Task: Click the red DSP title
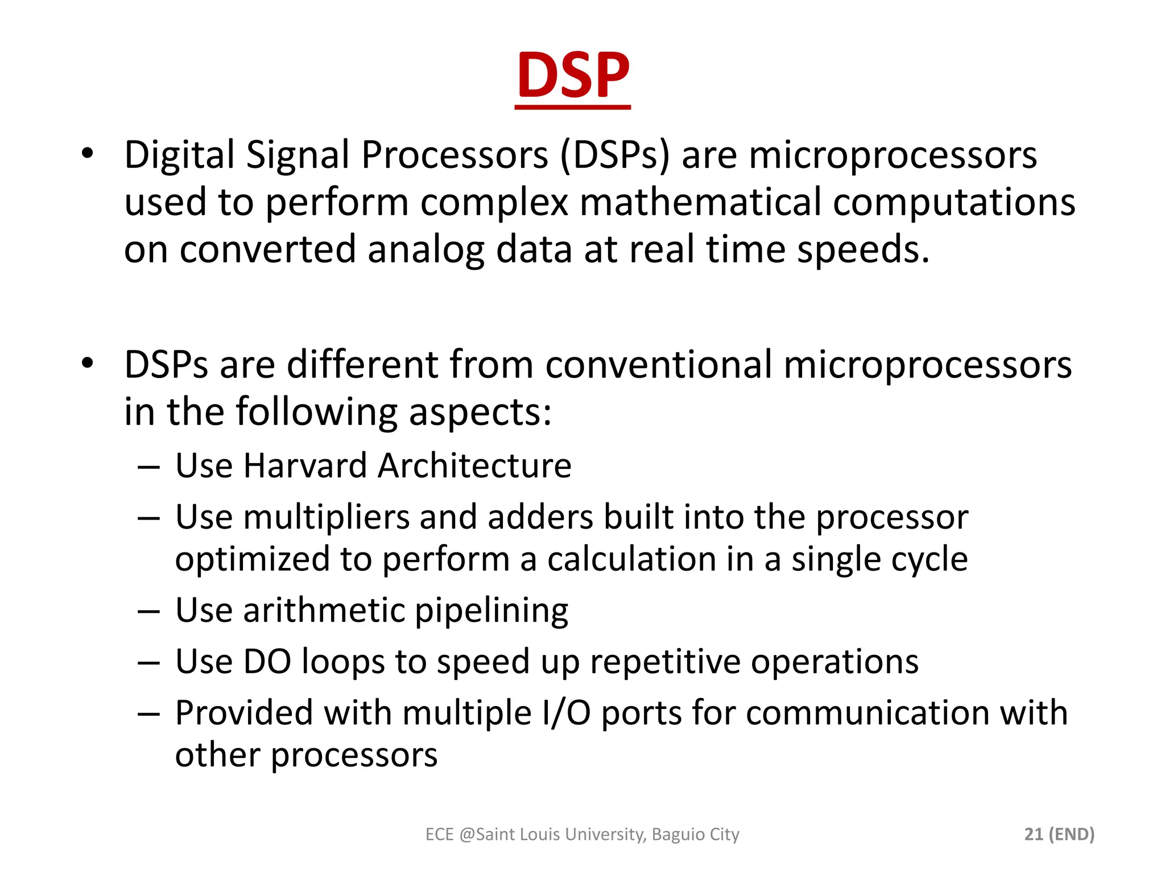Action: click(573, 75)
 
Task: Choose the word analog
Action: click(426, 250)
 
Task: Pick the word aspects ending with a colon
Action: click(480, 412)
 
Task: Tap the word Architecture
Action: click(474, 466)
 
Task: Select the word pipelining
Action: click(491, 611)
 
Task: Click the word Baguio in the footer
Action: click(676, 834)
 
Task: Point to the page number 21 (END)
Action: click(1059, 834)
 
